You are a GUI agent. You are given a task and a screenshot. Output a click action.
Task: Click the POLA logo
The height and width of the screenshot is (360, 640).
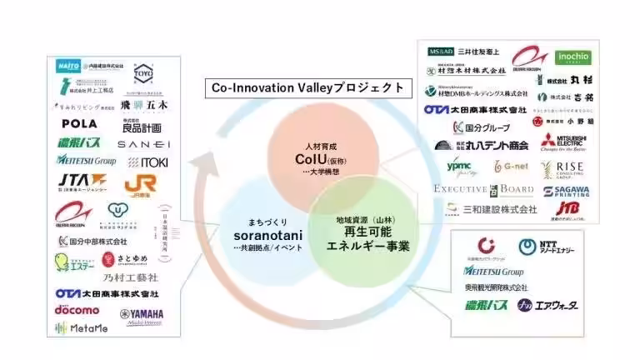79,123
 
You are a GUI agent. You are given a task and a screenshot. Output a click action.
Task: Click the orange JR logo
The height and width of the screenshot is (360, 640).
141,184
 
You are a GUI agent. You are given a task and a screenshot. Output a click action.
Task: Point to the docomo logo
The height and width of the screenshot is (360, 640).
77,310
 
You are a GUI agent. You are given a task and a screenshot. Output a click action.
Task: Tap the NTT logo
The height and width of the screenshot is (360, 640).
542,247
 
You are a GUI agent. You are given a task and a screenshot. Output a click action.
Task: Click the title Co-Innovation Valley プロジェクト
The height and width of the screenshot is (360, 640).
307,87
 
